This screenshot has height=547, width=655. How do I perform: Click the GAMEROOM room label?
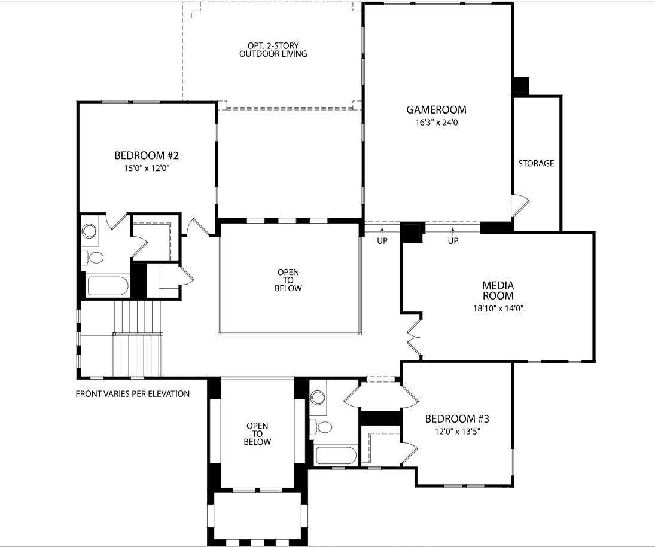tap(436, 110)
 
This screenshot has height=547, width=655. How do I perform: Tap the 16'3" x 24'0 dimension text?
tap(436, 123)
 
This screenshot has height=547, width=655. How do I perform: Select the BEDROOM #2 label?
tap(147, 156)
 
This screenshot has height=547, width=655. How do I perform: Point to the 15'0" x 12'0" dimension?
tap(147, 169)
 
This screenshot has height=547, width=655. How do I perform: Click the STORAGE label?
tap(536, 163)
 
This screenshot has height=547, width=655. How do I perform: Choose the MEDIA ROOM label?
tap(498, 291)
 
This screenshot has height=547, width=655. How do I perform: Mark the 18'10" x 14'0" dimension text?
tap(498, 309)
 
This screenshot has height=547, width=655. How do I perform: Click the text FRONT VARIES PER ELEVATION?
tap(133, 394)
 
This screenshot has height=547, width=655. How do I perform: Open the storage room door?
tap(519, 206)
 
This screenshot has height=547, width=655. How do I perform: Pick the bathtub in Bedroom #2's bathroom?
tap(108, 286)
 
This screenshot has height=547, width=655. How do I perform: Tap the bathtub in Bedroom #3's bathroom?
tap(336, 455)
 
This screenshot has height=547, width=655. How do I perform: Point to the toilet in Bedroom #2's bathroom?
tap(95, 258)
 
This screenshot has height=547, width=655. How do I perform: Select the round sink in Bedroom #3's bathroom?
tap(318, 398)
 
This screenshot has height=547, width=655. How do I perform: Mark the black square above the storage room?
tap(519, 86)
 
